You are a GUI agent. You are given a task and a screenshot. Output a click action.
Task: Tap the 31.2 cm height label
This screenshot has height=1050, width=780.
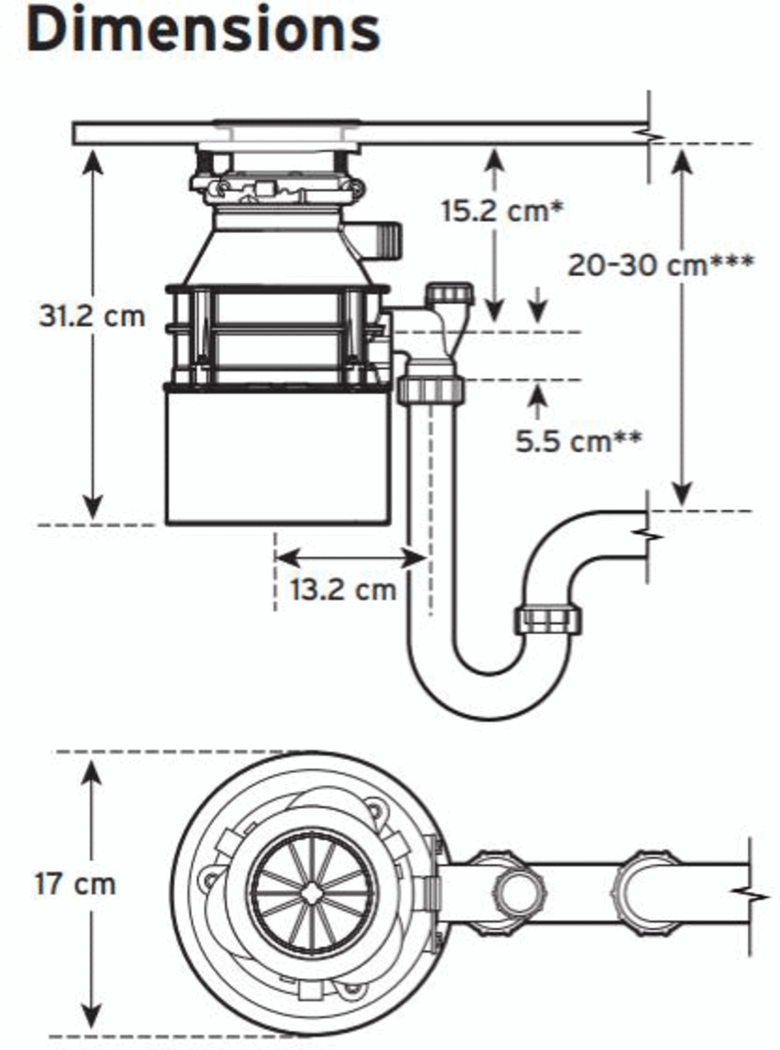[x=92, y=316]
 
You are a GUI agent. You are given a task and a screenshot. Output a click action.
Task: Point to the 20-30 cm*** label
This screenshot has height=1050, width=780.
[x=660, y=265]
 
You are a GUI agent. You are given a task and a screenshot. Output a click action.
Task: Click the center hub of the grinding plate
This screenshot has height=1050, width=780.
[x=312, y=893]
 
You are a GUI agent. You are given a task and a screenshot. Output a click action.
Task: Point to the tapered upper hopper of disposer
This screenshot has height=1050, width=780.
[x=277, y=248]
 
